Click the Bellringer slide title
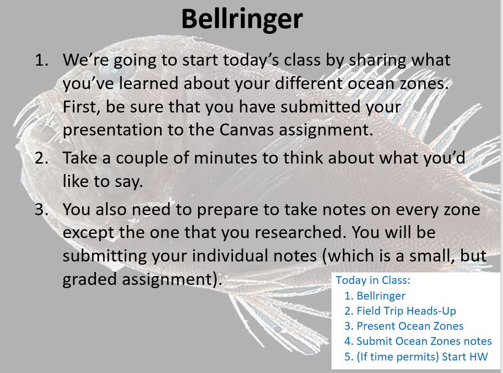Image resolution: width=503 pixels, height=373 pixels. (x=242, y=19)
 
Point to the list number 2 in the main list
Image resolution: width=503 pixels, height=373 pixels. (x=41, y=158)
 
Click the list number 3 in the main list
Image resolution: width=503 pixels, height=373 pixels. (x=41, y=209)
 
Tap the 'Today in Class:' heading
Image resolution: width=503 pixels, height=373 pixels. (x=373, y=280)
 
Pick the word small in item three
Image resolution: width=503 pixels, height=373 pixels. (x=432, y=256)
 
